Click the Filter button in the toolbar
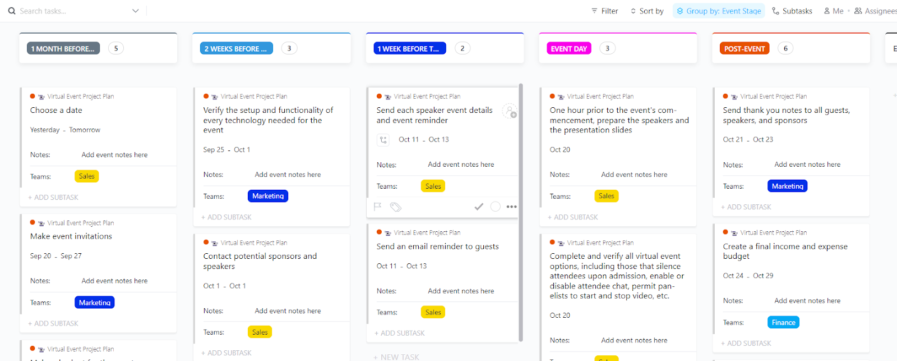point(604,11)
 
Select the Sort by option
point(647,11)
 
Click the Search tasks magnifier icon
point(12,11)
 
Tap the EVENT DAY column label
point(568,49)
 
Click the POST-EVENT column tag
point(744,49)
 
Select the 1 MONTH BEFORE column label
point(63,49)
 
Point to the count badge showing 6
point(785,49)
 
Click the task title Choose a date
point(56,111)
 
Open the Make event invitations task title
point(71,236)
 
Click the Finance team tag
point(783,322)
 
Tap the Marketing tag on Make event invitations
point(95,303)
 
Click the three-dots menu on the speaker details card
point(511,207)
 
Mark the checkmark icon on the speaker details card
point(479,207)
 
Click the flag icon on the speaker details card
point(378,207)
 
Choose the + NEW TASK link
point(396,357)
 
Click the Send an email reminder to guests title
point(437,246)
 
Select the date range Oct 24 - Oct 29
point(748,276)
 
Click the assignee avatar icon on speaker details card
point(509,111)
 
